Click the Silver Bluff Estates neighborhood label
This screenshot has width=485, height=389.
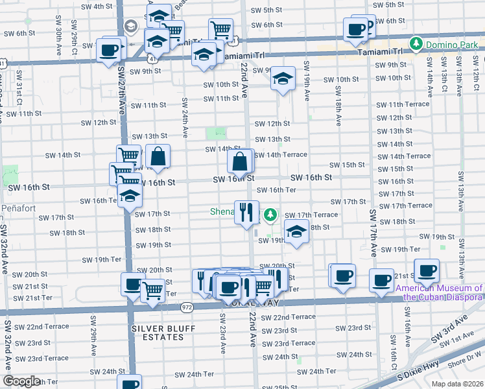(163, 329)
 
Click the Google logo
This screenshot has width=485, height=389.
(21, 381)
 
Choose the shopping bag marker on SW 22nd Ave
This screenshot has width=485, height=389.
(240, 162)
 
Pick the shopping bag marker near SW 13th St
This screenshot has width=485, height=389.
(158, 156)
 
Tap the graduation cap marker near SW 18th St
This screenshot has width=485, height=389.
(296, 232)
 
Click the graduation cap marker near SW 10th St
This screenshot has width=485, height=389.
(283, 78)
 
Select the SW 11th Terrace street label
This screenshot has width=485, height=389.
(403, 104)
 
